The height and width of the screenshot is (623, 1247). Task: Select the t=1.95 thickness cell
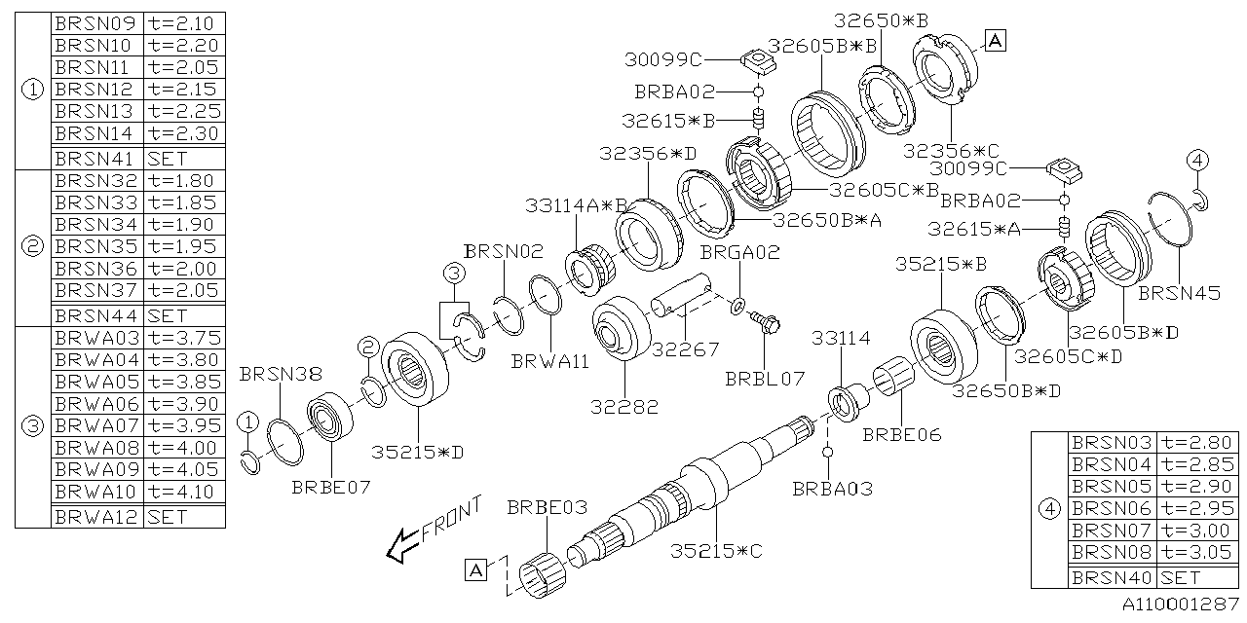[183, 246]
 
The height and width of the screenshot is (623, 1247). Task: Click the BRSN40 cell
[1112, 577]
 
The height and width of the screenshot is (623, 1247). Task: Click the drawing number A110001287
[1178, 605]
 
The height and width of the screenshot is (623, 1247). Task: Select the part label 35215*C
[716, 552]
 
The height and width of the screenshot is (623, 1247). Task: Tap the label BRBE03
[547, 508]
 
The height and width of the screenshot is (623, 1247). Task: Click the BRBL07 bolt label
[765, 376]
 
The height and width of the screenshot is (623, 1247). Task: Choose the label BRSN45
[1179, 293]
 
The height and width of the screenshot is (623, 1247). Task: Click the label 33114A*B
[576, 205]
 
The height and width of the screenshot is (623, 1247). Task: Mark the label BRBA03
[833, 488]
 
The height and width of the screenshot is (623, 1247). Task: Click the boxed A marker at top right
[996, 40]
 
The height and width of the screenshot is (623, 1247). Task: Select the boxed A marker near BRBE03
[475, 570]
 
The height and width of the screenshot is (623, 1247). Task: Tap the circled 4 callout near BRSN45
[1197, 160]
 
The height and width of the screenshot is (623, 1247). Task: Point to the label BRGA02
[739, 252]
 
